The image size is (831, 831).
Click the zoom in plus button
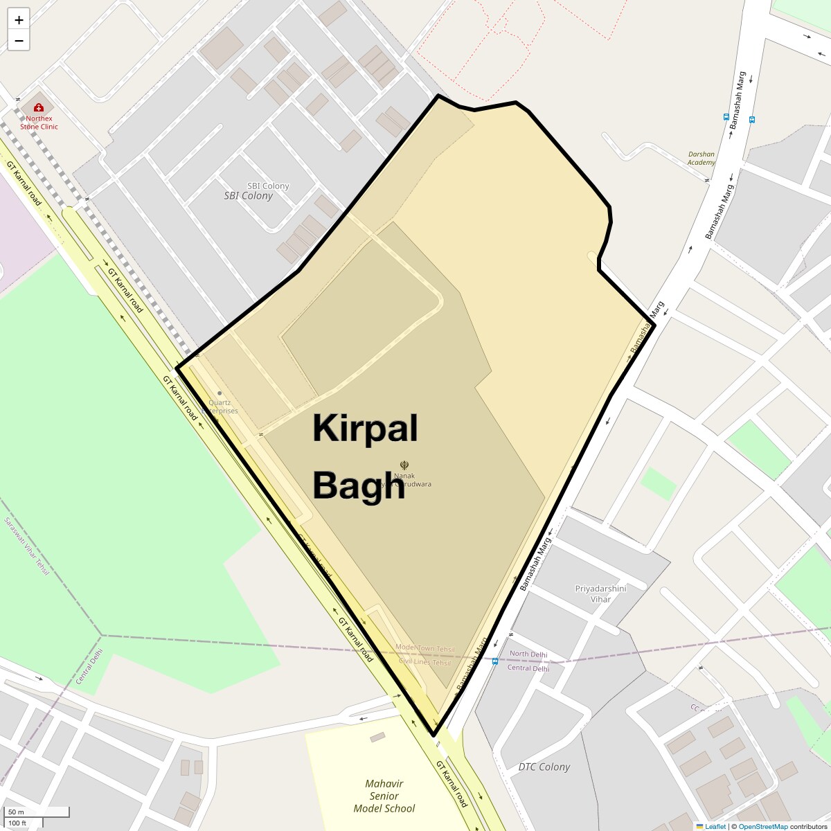[19, 20]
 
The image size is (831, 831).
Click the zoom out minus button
[19, 41]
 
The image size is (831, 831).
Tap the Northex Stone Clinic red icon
[39, 107]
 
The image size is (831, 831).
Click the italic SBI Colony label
[249, 196]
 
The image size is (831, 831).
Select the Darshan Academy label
[702, 159]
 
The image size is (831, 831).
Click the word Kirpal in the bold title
[365, 429]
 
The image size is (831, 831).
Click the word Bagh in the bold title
[358, 485]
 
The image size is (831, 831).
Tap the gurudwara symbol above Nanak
[404, 465]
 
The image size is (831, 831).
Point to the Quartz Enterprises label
[220, 406]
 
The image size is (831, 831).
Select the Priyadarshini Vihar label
[600, 593]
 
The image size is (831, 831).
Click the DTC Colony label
[544, 767]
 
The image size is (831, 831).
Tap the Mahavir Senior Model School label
[384, 796]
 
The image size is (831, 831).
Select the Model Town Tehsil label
[425, 649]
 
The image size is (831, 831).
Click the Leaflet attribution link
[715, 826]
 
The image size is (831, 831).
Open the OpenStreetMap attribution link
[762, 826]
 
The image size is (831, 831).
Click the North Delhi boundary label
[528, 654]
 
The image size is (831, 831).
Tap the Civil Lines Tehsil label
[425, 662]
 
